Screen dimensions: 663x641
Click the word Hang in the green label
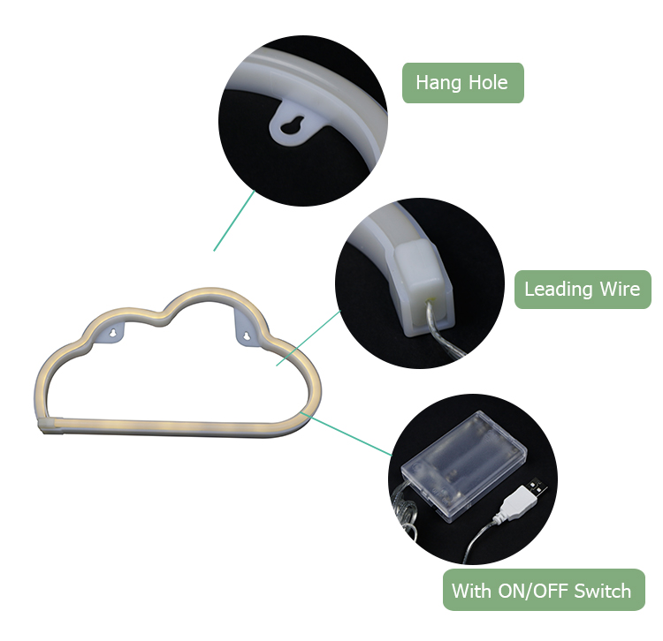click(x=438, y=83)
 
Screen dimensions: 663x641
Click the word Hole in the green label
click(x=488, y=82)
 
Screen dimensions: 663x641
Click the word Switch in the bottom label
click(x=603, y=591)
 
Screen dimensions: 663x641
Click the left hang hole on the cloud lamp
click(x=113, y=334)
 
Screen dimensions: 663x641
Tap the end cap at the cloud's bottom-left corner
click(x=50, y=426)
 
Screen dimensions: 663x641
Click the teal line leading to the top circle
click(x=234, y=221)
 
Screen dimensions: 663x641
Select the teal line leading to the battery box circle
click(x=347, y=435)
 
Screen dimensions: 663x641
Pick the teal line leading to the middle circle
click(x=309, y=338)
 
